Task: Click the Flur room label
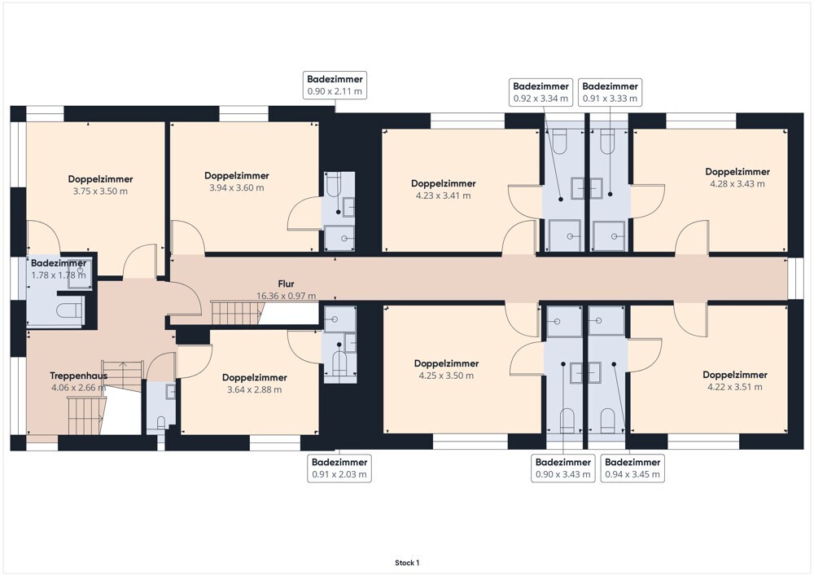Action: (x=286, y=284)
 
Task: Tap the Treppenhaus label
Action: (x=78, y=376)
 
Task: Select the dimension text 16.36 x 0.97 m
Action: (x=286, y=296)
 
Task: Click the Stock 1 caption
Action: (x=407, y=562)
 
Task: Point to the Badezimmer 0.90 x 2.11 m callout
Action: (x=335, y=86)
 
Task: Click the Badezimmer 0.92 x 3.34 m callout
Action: (x=541, y=92)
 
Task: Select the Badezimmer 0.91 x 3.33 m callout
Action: (x=610, y=92)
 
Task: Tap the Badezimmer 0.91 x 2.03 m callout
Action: (x=339, y=468)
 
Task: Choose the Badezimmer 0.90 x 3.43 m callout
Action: (x=563, y=468)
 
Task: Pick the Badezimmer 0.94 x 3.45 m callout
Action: (x=632, y=468)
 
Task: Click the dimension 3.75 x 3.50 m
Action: (x=100, y=191)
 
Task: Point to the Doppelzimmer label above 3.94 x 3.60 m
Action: (x=237, y=175)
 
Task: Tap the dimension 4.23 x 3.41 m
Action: (x=444, y=196)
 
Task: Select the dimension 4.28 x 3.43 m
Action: (x=737, y=184)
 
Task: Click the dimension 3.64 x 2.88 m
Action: (x=254, y=389)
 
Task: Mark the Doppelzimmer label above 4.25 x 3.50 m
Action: (x=446, y=363)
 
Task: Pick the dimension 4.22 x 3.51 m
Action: (x=734, y=387)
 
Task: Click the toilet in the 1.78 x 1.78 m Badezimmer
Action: (x=69, y=310)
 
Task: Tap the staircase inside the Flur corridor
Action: (x=237, y=313)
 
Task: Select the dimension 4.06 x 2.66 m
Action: (x=78, y=388)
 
